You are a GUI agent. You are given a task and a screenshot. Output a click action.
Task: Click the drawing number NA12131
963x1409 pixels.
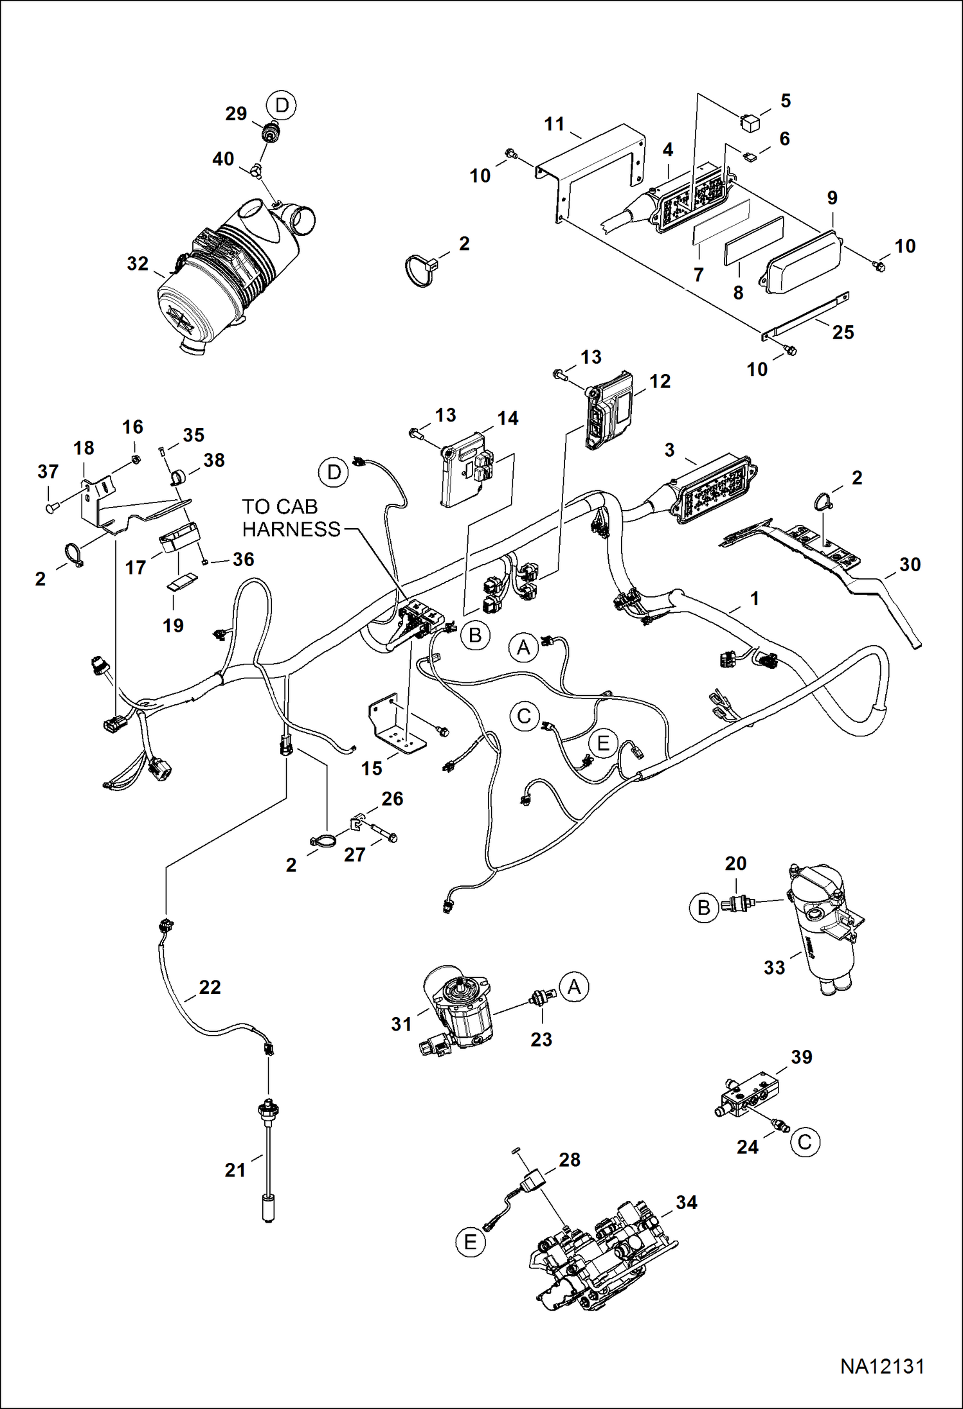pyautogui.click(x=882, y=1366)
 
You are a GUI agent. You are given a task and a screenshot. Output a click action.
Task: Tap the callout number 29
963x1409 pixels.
pyautogui.click(x=236, y=114)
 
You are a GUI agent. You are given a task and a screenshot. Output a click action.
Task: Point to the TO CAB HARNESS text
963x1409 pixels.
pyautogui.click(x=291, y=518)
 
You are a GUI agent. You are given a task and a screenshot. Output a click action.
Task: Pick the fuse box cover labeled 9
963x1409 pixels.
pyautogui.click(x=802, y=260)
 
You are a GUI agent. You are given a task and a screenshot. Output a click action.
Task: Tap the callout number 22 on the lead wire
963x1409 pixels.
pyautogui.click(x=210, y=987)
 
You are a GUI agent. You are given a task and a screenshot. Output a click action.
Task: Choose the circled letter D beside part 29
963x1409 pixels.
pyautogui.click(x=282, y=105)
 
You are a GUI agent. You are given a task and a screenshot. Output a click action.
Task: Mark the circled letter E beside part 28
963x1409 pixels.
pyautogui.click(x=470, y=1242)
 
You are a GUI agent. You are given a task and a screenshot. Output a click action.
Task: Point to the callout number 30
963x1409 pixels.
pyautogui.click(x=910, y=565)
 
